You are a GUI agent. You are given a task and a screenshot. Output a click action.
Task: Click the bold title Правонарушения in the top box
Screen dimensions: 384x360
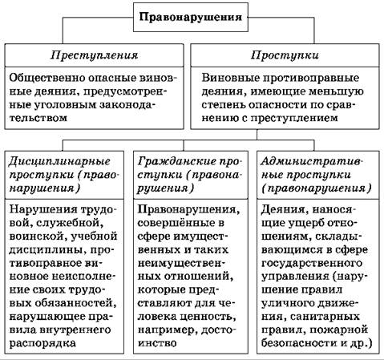tap(191, 18)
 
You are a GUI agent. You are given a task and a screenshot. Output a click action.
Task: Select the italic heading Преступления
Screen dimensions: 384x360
tap(95, 55)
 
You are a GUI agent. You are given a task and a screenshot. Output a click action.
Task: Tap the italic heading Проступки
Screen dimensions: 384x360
tap(285, 55)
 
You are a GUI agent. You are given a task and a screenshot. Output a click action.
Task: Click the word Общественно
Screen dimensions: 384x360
tap(46, 78)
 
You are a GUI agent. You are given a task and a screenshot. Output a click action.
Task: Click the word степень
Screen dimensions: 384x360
tap(224, 104)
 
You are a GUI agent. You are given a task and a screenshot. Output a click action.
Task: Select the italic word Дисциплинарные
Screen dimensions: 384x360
tap(59, 161)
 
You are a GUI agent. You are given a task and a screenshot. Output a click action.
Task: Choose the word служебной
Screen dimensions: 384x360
tap(70, 223)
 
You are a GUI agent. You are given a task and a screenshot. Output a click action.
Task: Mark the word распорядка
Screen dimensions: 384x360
tap(42, 343)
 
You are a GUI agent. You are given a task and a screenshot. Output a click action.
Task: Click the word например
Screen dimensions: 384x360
tap(168, 330)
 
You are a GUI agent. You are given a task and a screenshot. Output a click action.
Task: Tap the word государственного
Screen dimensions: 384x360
tap(312, 263)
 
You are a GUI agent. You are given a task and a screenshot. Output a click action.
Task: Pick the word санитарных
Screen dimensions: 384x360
tap(325, 317)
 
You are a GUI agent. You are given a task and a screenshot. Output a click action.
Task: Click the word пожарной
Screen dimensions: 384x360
tap(339, 330)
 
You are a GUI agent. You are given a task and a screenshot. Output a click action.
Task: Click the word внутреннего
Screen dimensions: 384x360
tap(75, 330)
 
